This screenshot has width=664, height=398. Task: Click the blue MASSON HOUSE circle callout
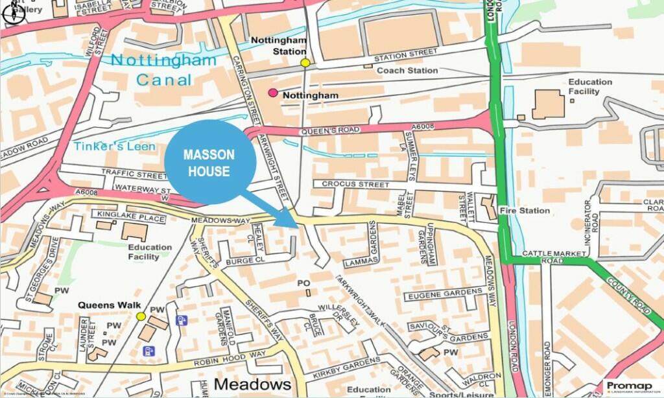[x=209, y=162]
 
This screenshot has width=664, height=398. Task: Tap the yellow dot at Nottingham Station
[x=305, y=63]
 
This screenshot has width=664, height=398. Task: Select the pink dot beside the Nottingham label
[x=273, y=93]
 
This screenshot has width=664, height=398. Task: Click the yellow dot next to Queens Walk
[x=141, y=316]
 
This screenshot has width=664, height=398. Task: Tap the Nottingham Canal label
[x=163, y=70]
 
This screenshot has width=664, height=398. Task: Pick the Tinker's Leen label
[x=114, y=146]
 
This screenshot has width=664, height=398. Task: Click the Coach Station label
[x=407, y=70]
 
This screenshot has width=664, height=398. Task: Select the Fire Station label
[x=525, y=211]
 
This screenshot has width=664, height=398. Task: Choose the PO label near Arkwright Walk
[x=303, y=283]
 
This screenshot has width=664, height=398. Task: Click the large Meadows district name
[x=252, y=384]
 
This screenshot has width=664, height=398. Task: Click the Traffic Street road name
[x=134, y=174]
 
